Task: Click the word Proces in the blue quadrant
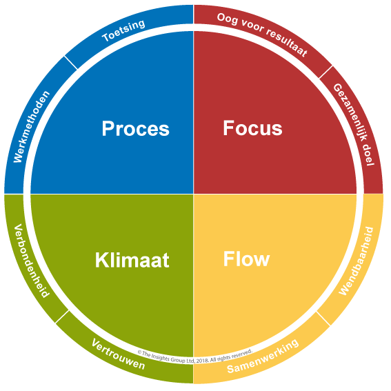136,129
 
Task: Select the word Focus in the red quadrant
252,128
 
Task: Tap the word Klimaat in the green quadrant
132,260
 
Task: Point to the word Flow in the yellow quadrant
246,259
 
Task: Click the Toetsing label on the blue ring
123,30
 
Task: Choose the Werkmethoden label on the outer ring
32,127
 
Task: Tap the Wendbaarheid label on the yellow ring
356,261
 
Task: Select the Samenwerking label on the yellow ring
263,356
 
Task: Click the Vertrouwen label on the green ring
118,354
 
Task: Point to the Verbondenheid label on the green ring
32,261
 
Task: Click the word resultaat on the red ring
286,42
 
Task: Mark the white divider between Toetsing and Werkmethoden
71,63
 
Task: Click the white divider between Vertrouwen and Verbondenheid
62,317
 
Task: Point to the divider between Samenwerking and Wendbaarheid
323,319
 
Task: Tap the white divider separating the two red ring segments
325,72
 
